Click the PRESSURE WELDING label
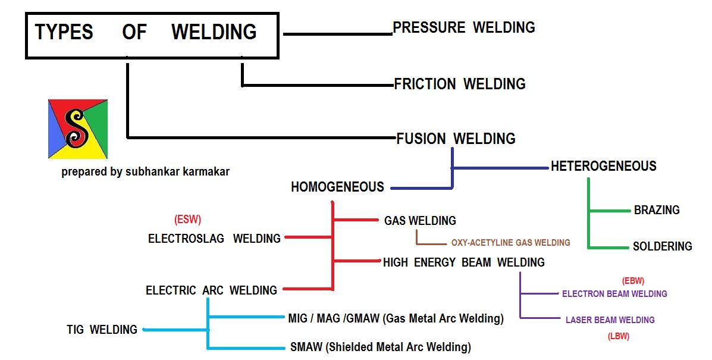coord(464,27)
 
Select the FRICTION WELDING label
coord(460,84)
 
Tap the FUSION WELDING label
coord(456,139)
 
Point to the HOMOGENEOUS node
coord(337,187)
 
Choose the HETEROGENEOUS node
coord(603,166)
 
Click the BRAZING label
coord(657,210)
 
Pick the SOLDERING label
coord(662,246)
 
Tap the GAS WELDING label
coord(420,221)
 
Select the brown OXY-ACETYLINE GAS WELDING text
coord(510,243)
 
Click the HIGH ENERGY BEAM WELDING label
coord(463,262)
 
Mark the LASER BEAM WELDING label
coord(610,320)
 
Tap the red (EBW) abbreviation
coord(633,281)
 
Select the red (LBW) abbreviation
coord(618,336)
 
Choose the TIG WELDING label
coord(102,330)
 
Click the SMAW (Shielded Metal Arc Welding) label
coord(380,347)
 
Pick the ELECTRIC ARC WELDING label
coord(211,290)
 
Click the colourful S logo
coord(78,129)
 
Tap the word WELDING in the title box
coord(214,32)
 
